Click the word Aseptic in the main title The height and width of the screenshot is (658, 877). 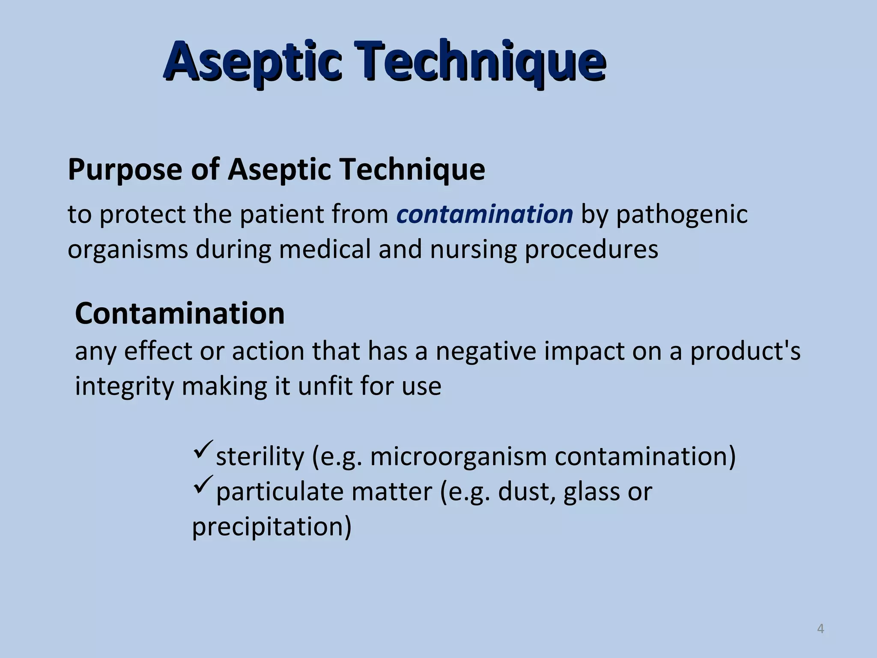tap(253, 62)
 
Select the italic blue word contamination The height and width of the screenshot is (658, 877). tap(484, 214)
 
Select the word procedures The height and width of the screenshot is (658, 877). tap(591, 250)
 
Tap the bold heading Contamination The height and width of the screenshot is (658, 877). tap(180, 314)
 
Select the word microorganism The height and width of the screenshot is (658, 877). tap(458, 457)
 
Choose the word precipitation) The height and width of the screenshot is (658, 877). tap(271, 527)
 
